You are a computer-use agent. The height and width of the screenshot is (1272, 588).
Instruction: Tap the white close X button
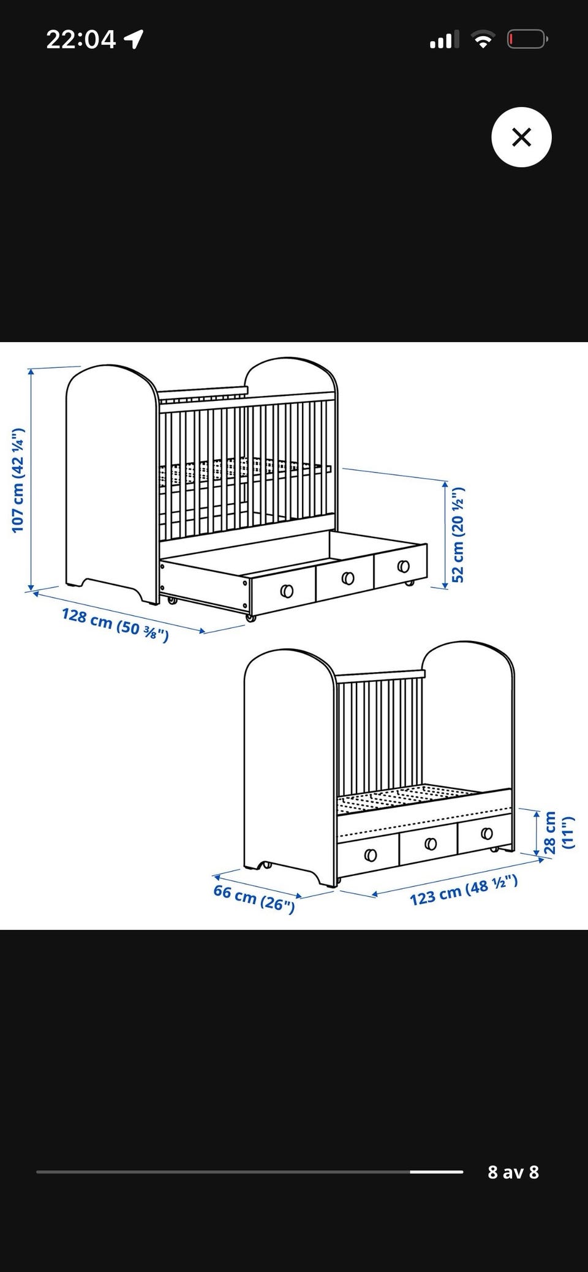tap(521, 137)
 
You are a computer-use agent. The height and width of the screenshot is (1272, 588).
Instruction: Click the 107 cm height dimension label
tap(18, 481)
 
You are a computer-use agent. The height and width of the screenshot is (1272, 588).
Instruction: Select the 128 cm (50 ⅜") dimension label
tap(115, 624)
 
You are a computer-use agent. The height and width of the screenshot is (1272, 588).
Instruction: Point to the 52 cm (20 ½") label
tap(458, 534)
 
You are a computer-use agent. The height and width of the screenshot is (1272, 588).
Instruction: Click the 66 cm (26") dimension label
tap(254, 899)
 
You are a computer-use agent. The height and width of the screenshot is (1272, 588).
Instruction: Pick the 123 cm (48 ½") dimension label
tap(464, 891)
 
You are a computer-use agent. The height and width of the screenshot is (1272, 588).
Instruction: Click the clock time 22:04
tap(81, 40)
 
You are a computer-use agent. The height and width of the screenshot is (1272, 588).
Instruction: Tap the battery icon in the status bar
tap(527, 40)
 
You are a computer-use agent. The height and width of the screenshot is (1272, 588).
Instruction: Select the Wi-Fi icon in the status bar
tap(483, 40)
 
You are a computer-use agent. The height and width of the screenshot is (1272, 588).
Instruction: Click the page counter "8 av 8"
tap(513, 1172)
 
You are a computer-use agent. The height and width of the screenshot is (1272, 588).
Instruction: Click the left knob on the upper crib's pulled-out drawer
tap(286, 591)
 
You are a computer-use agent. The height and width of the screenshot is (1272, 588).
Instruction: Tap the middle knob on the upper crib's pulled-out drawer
tap(348, 578)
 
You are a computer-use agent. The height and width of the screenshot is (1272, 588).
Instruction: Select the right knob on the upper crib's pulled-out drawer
tap(403, 566)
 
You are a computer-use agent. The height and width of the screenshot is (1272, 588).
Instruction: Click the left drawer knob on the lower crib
tap(371, 855)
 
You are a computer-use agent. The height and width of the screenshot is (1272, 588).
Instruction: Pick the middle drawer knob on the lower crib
tap(431, 844)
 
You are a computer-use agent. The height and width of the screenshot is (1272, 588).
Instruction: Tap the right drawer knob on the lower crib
tap(487, 833)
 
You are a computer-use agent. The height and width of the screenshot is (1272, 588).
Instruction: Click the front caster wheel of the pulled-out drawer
tap(250, 618)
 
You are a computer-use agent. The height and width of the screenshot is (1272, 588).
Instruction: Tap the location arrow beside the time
tap(134, 39)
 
